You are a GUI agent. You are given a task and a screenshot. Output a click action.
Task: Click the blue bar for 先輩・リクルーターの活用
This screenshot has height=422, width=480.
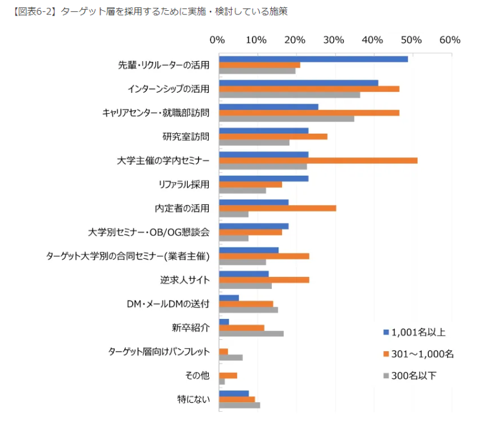click(313, 59)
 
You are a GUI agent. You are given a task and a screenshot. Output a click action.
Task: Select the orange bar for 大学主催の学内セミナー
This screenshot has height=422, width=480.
click(318, 160)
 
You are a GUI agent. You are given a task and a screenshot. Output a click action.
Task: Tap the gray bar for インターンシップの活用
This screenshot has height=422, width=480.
click(289, 95)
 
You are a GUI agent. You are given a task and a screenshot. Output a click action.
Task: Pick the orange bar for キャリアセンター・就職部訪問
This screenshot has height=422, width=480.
click(309, 112)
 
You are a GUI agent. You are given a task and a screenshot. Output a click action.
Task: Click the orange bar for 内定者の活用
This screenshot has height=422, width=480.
click(277, 208)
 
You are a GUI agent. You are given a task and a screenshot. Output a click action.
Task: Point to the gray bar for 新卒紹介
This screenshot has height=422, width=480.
click(251, 333)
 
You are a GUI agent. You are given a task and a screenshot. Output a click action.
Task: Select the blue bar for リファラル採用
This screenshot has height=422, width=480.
click(263, 179)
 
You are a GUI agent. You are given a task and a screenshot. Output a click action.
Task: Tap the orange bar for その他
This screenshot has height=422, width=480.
click(228, 375)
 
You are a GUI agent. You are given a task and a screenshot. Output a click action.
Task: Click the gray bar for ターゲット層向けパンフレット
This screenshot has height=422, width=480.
click(230, 357)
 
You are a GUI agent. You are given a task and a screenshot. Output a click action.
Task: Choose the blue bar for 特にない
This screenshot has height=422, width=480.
click(233, 393)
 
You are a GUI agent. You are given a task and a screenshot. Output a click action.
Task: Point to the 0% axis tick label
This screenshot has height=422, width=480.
click(217, 40)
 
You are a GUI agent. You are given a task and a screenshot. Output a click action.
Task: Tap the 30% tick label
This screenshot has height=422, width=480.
click(334, 40)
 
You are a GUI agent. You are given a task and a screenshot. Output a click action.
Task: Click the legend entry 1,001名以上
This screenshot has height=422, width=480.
click(418, 332)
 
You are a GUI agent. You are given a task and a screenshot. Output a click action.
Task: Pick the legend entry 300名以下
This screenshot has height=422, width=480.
click(414, 376)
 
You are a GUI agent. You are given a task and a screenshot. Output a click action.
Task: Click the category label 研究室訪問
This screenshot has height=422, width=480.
click(186, 136)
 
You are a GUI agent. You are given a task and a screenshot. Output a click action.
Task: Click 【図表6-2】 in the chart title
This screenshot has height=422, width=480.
click(34, 12)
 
